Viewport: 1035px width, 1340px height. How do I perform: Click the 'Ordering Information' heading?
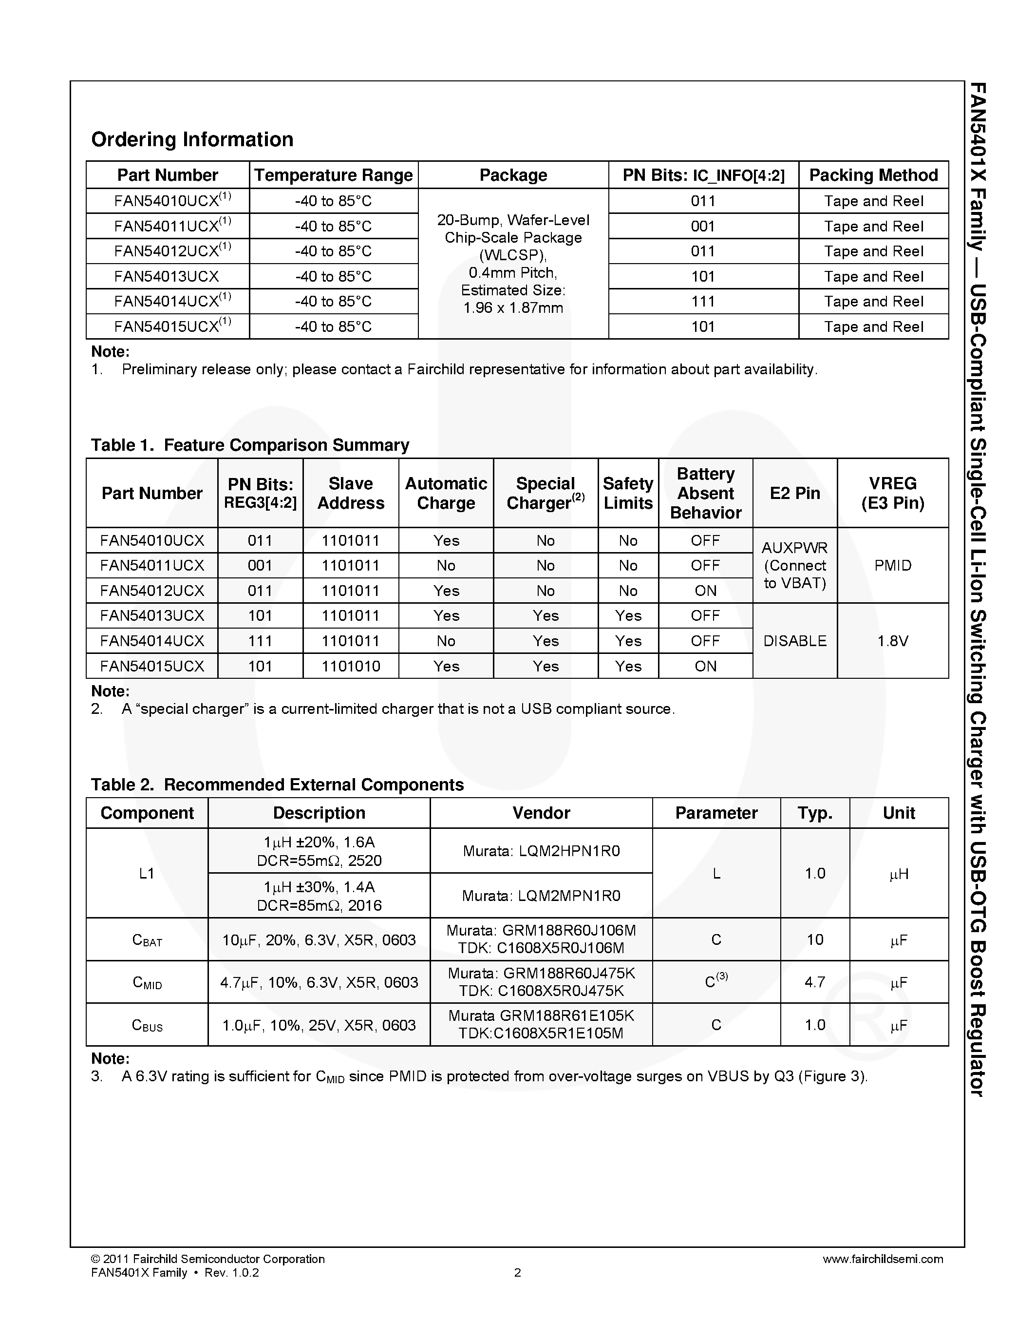(192, 139)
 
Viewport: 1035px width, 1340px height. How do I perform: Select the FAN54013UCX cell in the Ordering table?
(167, 277)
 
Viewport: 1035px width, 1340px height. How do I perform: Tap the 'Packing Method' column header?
(873, 175)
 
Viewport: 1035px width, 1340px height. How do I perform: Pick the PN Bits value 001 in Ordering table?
(703, 227)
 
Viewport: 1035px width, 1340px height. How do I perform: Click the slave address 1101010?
(351, 666)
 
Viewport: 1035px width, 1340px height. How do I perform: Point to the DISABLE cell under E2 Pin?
(795, 641)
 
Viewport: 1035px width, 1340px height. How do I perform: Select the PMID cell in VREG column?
(892, 566)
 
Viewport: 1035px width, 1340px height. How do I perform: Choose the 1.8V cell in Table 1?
(892, 641)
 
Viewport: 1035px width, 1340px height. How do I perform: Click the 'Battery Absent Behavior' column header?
(705, 493)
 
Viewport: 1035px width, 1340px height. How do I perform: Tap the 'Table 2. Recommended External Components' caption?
(277, 785)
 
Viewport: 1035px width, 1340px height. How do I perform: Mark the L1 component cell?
(147, 873)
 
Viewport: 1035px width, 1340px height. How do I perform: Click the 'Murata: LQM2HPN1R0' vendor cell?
(541, 851)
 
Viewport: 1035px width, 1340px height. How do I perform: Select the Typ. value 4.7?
(814, 982)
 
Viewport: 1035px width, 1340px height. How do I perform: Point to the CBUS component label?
(147, 1025)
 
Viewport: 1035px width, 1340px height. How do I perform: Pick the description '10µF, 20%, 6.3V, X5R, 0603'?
(319, 940)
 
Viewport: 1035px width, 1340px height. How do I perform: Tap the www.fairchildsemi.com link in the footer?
(883, 1259)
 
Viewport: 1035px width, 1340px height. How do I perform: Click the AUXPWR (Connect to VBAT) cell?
(795, 566)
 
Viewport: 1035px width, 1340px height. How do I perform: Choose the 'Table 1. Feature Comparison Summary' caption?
(249, 445)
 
